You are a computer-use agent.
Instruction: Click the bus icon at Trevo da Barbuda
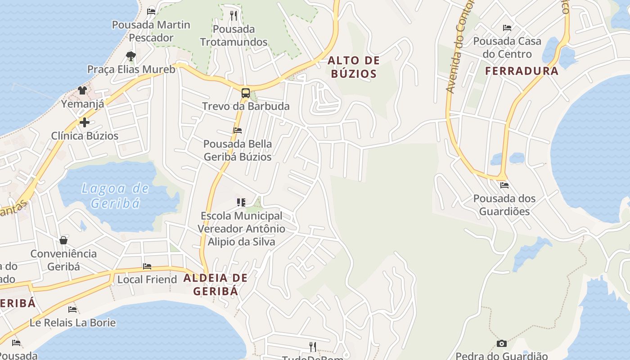click(x=245, y=93)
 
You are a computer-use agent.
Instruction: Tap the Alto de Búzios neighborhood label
click(x=354, y=67)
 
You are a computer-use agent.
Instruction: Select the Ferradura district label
click(x=522, y=71)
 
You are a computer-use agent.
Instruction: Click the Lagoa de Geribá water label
click(x=116, y=196)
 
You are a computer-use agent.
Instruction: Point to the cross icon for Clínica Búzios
click(x=84, y=122)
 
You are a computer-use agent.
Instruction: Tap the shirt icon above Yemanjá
click(x=82, y=90)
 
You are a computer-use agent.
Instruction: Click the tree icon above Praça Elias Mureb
click(x=131, y=56)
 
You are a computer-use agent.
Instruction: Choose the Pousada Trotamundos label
click(x=234, y=36)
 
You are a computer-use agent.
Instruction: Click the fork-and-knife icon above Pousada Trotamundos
click(x=233, y=16)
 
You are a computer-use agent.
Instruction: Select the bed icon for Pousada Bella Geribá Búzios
click(x=238, y=130)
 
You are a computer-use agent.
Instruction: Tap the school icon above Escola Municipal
click(x=241, y=202)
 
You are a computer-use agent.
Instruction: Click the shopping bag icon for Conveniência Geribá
click(x=63, y=240)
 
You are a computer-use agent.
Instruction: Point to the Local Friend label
click(x=147, y=279)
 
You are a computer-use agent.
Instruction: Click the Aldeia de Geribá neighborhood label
click(x=216, y=284)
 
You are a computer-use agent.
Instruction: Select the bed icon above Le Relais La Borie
click(x=72, y=309)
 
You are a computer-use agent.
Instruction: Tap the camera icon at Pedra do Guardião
click(x=502, y=344)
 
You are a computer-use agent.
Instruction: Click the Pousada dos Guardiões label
click(x=504, y=205)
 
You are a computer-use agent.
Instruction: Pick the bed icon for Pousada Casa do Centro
click(x=507, y=27)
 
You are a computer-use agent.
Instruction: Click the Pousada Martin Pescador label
click(x=151, y=31)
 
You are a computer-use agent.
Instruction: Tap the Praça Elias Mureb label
click(x=131, y=69)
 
